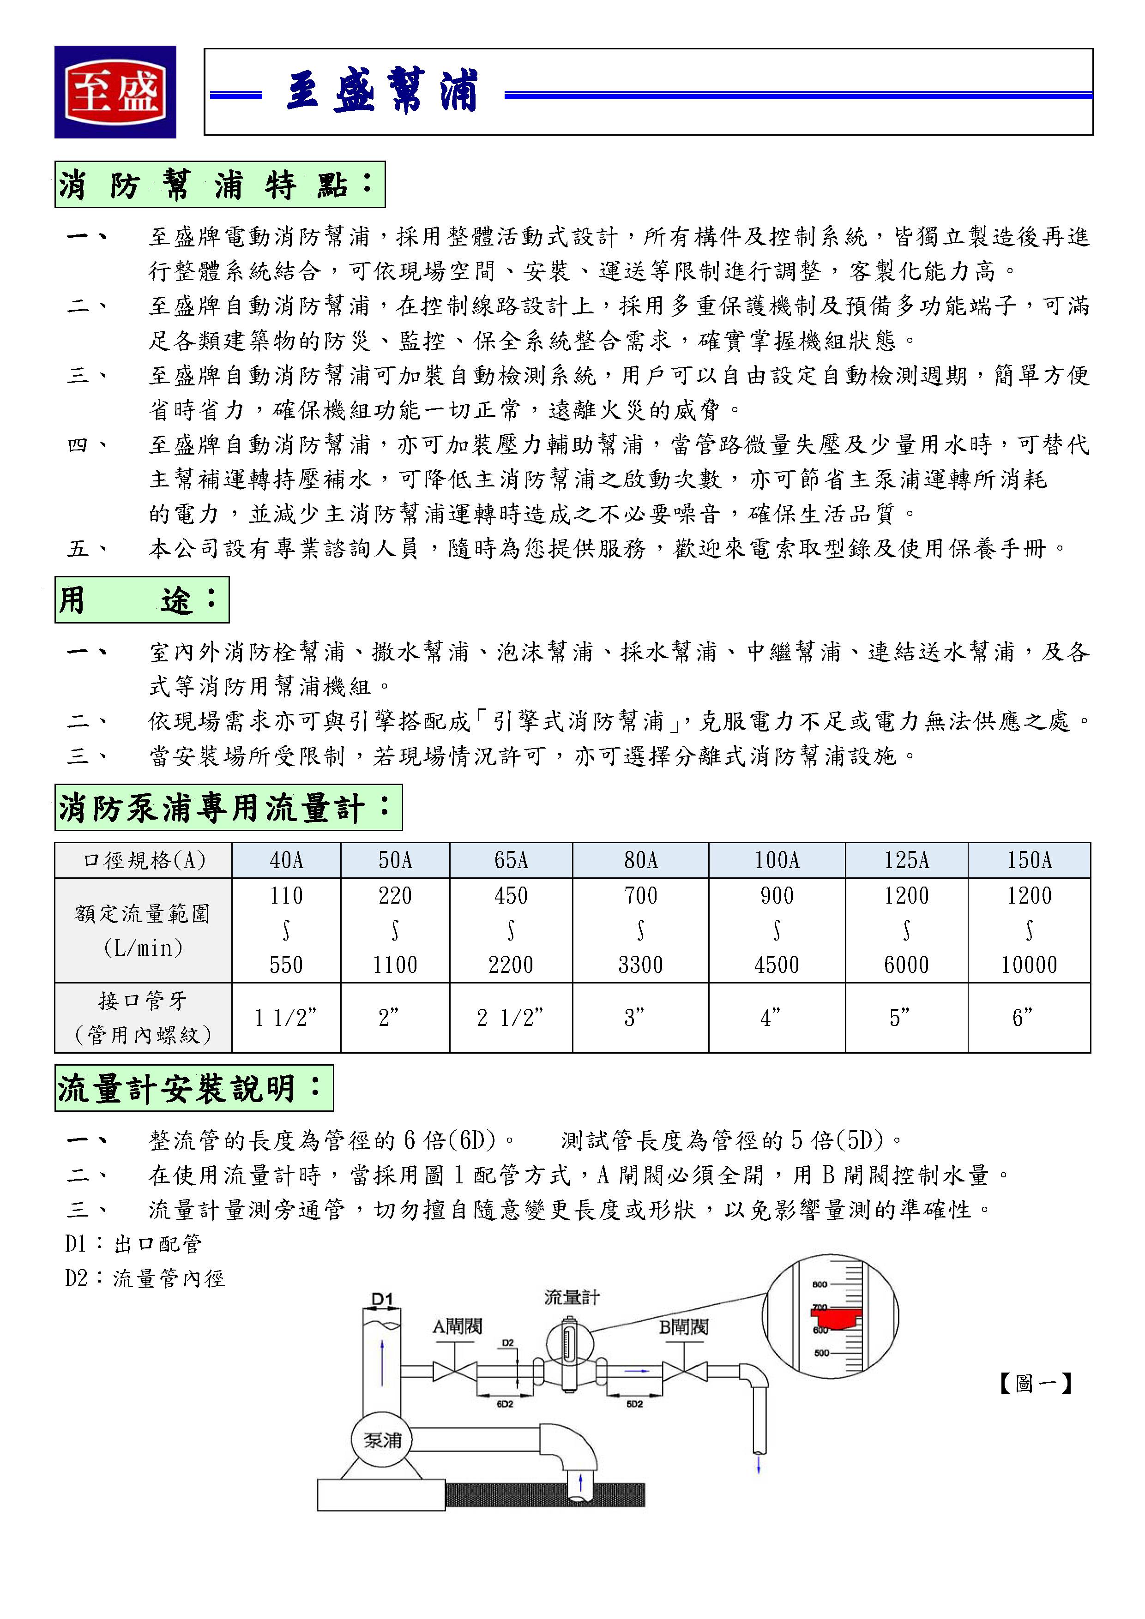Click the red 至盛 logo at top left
[115, 92]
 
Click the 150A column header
[1029, 860]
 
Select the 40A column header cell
[286, 860]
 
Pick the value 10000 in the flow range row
[1029, 965]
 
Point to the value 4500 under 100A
[776, 965]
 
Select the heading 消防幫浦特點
[219, 185]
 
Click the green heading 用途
[141, 600]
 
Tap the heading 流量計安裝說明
[193, 1088]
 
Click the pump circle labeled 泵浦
[382, 1440]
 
